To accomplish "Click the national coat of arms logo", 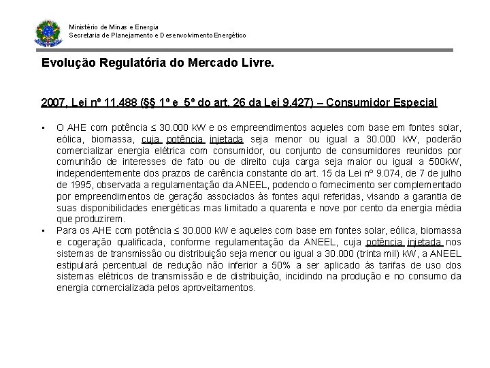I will point(48,32).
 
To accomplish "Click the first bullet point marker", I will point(43,127).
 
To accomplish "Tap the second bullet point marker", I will point(43,230).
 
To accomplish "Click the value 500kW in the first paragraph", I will point(445,162).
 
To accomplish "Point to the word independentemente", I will point(96,174).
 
